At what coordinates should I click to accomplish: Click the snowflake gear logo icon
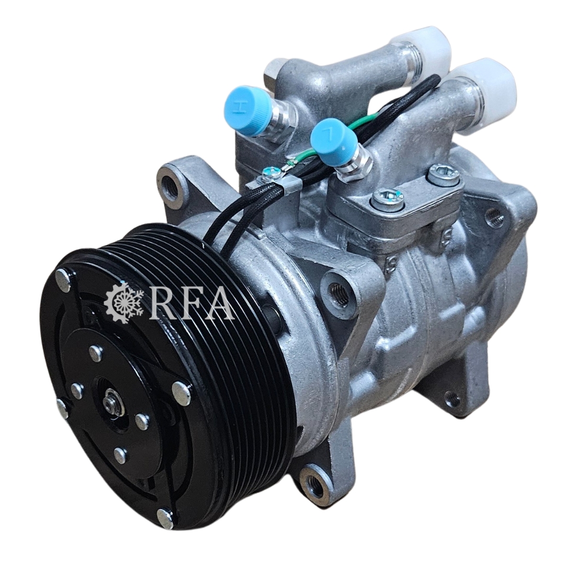(123, 302)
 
